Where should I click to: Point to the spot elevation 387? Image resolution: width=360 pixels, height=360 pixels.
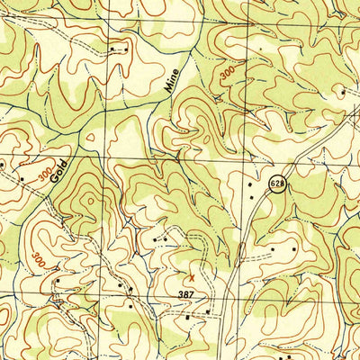tap(185, 294)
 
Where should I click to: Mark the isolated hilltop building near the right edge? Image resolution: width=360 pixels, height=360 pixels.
tap(343, 91)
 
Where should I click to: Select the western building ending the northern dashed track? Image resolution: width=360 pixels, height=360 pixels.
tap(111, 48)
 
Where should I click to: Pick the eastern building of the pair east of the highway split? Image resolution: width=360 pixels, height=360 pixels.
tap(294, 247)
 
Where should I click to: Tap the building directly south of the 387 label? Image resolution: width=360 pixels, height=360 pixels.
tap(187, 318)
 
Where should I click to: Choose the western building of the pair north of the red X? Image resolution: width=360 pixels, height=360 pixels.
tap(156, 239)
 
